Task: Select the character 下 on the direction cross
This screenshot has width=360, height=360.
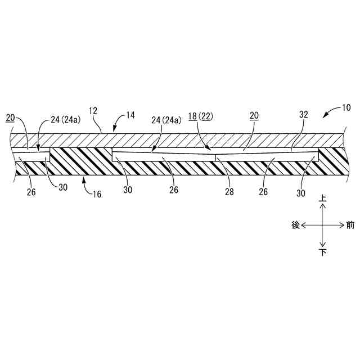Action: [322, 252]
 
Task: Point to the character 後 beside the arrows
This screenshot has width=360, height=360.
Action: [295, 225]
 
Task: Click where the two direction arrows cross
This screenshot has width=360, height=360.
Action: [322, 225]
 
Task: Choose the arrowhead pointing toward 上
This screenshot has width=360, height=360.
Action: [322, 206]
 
